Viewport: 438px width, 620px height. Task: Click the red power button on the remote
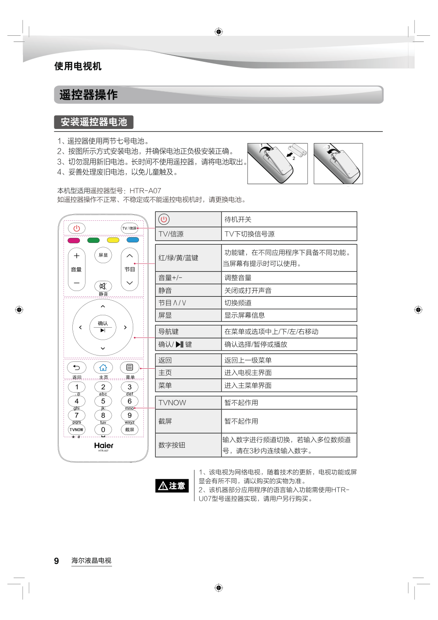coord(77,228)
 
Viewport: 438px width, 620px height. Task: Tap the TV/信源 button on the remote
coord(129,228)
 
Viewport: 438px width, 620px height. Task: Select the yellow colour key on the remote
coord(113,240)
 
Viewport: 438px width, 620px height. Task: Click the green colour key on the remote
coord(94,240)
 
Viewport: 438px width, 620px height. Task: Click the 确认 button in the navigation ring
coord(103,327)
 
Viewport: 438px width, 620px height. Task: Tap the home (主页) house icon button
coord(103,367)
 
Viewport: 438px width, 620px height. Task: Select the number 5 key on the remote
coord(103,401)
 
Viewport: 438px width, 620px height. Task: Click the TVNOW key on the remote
coord(76,430)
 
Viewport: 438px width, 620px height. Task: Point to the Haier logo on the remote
coord(104,445)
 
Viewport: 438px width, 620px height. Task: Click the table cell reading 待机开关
coord(289,219)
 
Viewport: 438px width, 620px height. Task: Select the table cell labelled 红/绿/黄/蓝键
coord(188,258)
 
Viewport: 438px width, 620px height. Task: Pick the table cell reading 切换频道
coord(289,303)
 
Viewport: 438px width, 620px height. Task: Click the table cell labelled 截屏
coord(188,421)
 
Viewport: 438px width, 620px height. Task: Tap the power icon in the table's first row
coord(164,219)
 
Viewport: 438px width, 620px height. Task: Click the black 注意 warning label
coord(172,486)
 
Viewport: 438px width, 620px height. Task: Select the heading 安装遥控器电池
coord(94,122)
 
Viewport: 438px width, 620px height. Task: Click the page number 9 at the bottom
coord(56,561)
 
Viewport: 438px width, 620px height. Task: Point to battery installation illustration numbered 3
coord(338,163)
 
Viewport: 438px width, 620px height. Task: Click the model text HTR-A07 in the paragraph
coord(146,191)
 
